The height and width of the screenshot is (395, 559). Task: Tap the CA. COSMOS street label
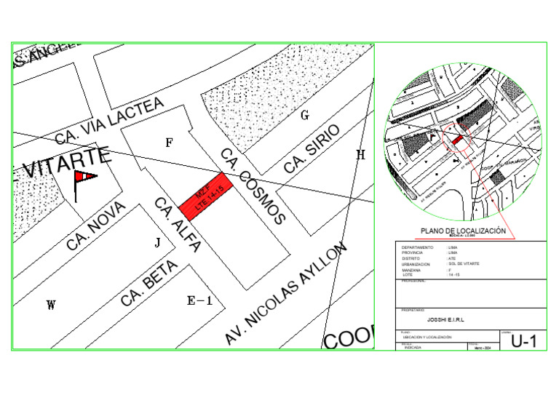tap(253, 186)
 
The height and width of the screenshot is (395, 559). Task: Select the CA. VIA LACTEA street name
tap(109, 121)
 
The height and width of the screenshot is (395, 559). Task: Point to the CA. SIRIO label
tap(312, 149)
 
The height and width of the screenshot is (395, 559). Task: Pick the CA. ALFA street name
tap(177, 225)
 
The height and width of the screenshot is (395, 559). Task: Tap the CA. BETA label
tap(145, 284)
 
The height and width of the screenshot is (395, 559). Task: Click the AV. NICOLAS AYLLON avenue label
tap(283, 295)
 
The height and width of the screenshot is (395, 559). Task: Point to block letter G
tap(305, 115)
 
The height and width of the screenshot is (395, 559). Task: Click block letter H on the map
tap(360, 154)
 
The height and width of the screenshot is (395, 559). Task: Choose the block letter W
tap(50, 305)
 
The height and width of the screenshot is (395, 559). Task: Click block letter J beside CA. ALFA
tap(156, 243)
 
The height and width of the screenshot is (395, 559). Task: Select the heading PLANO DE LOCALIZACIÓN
tap(463, 230)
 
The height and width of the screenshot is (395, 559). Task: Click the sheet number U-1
tap(523, 341)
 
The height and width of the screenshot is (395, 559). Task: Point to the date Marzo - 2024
tap(483, 348)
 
